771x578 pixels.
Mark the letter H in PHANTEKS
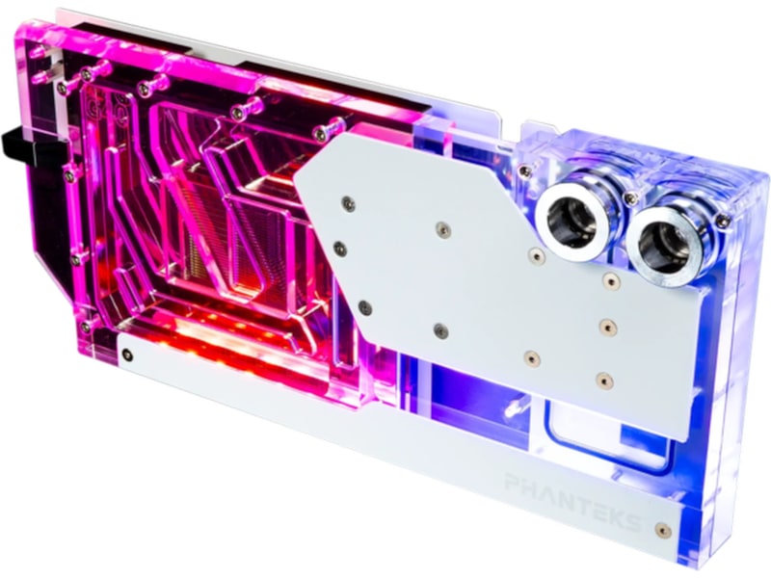[528, 487]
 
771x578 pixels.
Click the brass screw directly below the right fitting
[610, 280]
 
